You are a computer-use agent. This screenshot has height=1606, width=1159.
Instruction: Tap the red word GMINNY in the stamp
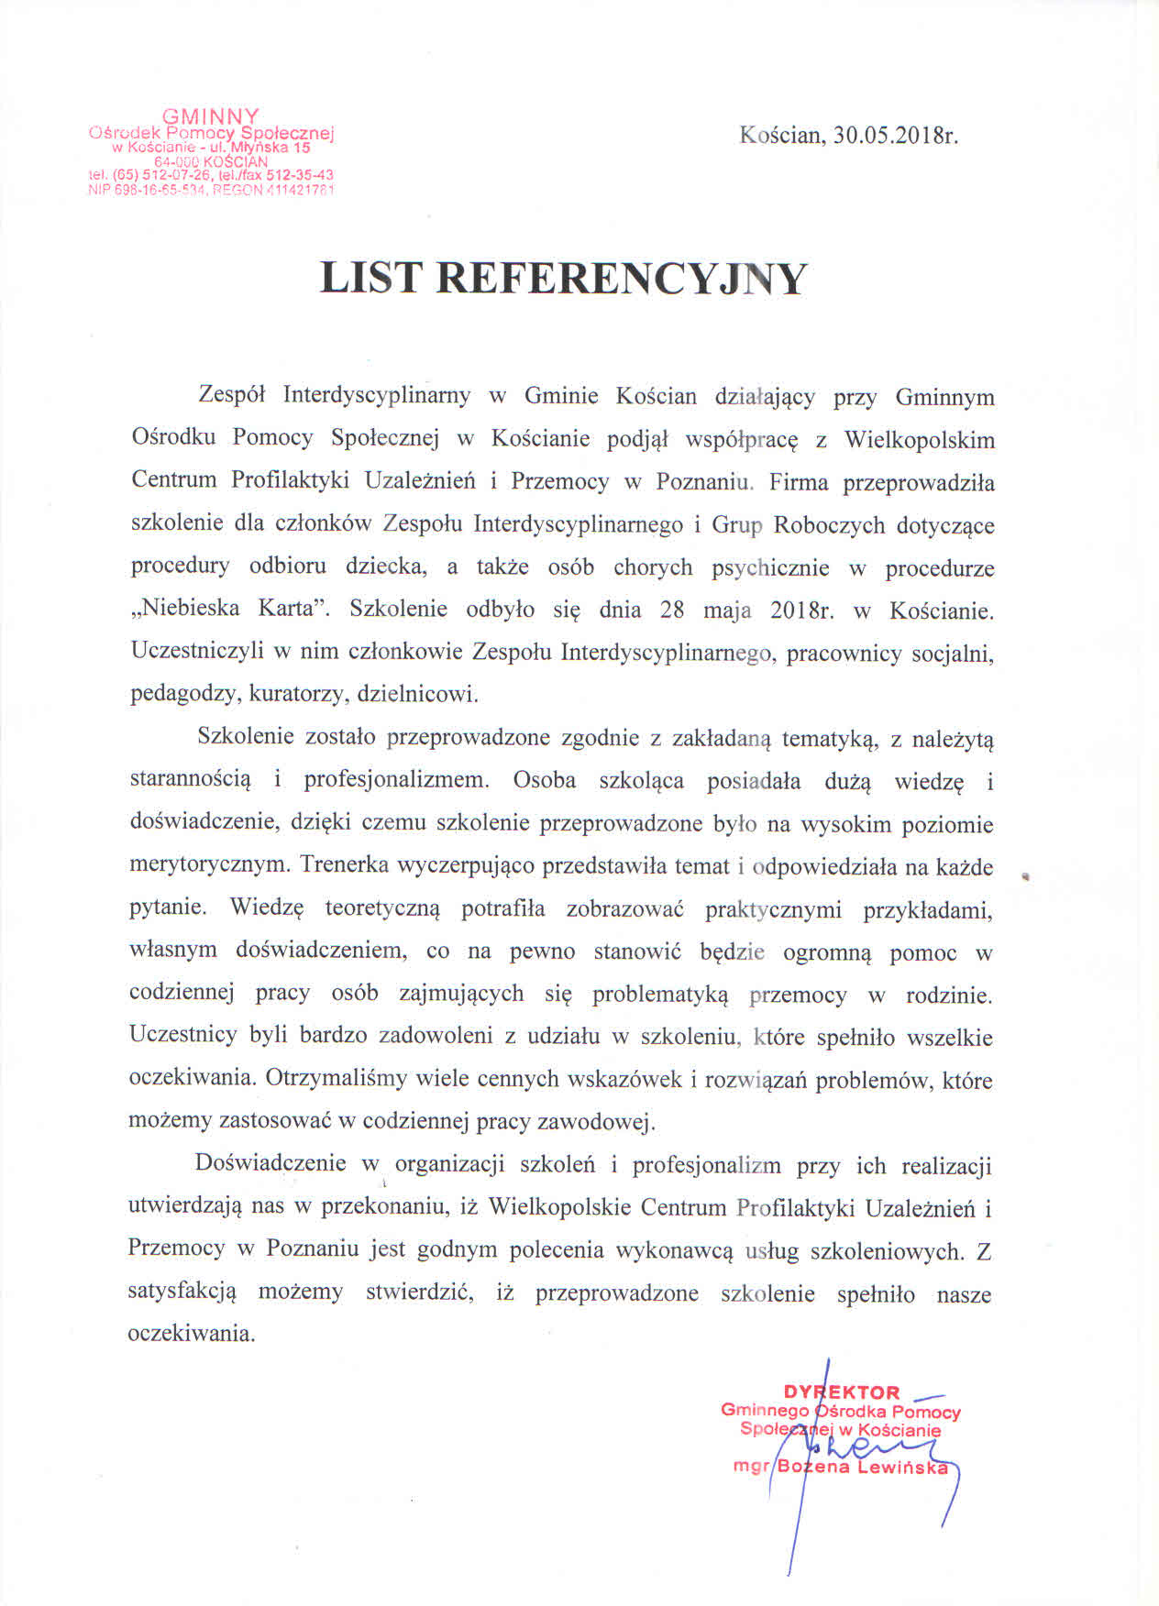click(x=211, y=116)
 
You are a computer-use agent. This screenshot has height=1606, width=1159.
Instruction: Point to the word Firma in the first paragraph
click(x=800, y=481)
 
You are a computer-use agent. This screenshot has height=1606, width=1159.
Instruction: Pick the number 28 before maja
click(x=672, y=610)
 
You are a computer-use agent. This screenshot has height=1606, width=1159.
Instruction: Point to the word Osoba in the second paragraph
click(x=545, y=780)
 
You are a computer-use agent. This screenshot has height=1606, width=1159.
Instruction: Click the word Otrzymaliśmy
click(x=337, y=1079)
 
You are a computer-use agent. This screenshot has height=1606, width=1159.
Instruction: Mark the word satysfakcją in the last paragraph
click(x=182, y=1292)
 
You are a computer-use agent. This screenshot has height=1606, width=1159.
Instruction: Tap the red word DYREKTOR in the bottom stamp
click(x=842, y=1392)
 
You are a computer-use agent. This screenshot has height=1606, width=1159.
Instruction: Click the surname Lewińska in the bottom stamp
click(x=905, y=1467)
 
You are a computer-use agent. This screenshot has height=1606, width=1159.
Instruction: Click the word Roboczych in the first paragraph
click(x=830, y=525)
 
